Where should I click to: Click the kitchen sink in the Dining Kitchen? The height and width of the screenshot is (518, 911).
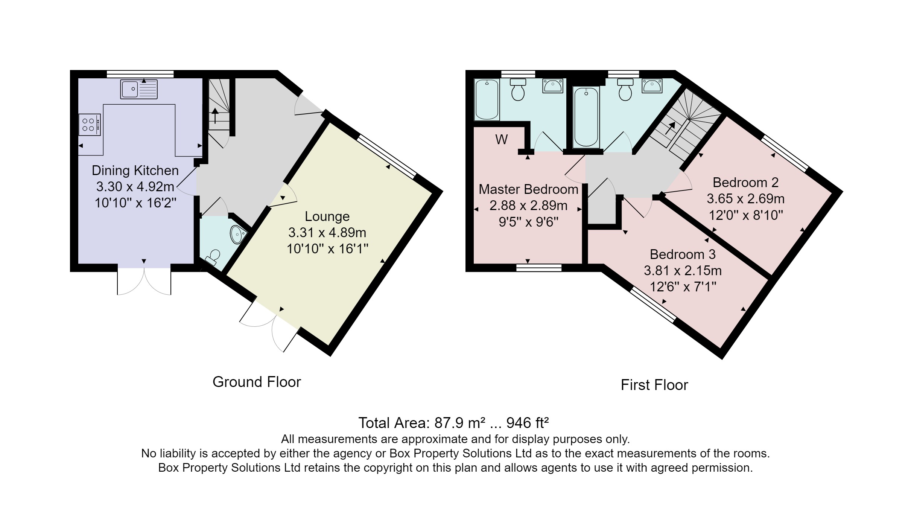pos(139,89)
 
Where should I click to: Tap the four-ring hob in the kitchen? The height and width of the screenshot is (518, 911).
pos(90,125)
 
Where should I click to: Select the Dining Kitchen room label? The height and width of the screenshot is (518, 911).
pos(135,171)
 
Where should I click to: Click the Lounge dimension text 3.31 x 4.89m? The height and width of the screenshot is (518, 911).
pos(327,233)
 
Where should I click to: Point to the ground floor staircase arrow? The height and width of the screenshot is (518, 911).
pos(215,116)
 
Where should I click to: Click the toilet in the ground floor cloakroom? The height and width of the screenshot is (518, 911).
pos(213,257)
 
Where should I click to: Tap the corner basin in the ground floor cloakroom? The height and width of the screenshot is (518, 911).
pos(237,234)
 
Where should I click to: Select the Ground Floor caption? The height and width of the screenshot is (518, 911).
pos(257,382)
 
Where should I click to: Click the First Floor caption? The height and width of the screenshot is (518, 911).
pos(654,385)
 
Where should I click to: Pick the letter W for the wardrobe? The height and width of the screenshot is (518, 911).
pos(502,140)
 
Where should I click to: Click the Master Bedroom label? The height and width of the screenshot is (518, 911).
pos(528,189)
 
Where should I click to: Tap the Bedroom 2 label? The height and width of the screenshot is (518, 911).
pos(745,183)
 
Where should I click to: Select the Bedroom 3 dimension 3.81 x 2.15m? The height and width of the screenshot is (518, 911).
pos(683,271)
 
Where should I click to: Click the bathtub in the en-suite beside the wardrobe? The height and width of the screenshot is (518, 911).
pos(487,100)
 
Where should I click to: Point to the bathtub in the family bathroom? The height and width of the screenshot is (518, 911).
pos(586,117)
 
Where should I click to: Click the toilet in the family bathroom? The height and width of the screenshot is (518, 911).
pos(625,89)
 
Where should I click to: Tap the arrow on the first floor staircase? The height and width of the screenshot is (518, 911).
pos(670,128)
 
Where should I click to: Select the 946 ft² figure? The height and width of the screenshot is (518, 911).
pos(528,423)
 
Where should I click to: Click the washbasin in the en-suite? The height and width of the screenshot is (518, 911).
pos(553,86)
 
